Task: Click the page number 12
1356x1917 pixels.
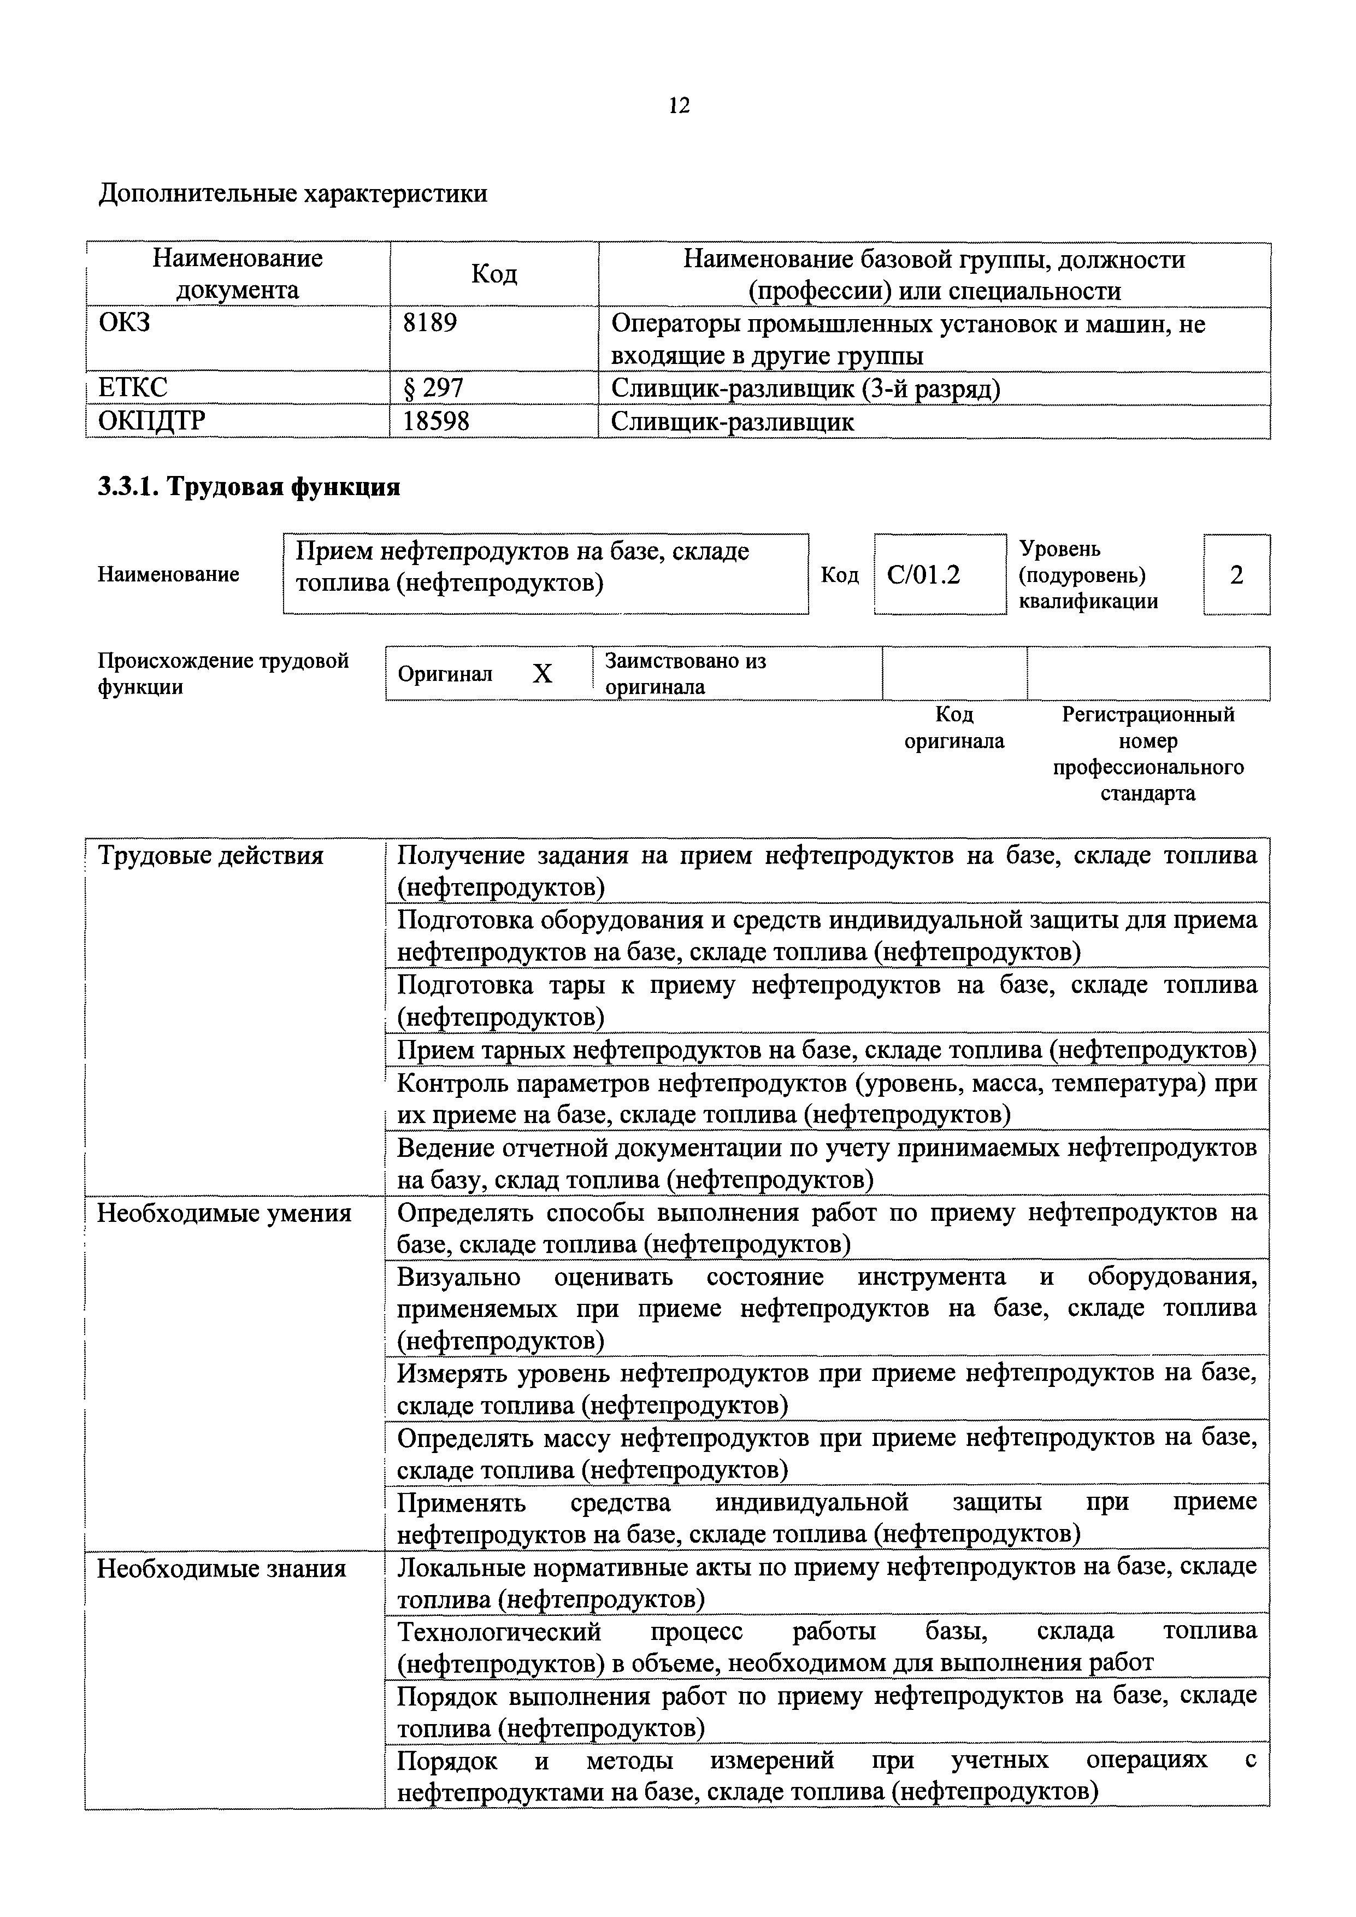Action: tap(679, 105)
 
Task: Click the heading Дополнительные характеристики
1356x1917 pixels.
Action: tap(293, 193)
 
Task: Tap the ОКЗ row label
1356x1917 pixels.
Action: tap(125, 322)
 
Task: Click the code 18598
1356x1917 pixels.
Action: tap(436, 421)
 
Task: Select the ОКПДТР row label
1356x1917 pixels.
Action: tap(152, 421)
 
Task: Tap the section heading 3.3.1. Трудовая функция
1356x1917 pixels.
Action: tap(249, 487)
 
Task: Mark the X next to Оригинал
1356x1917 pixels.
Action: tap(543, 674)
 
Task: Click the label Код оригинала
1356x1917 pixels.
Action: tap(954, 727)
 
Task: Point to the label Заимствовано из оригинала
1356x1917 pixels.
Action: tap(685, 674)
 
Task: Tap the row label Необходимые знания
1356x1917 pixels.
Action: tap(221, 1569)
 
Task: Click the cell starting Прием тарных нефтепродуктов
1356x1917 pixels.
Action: tap(827, 1050)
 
